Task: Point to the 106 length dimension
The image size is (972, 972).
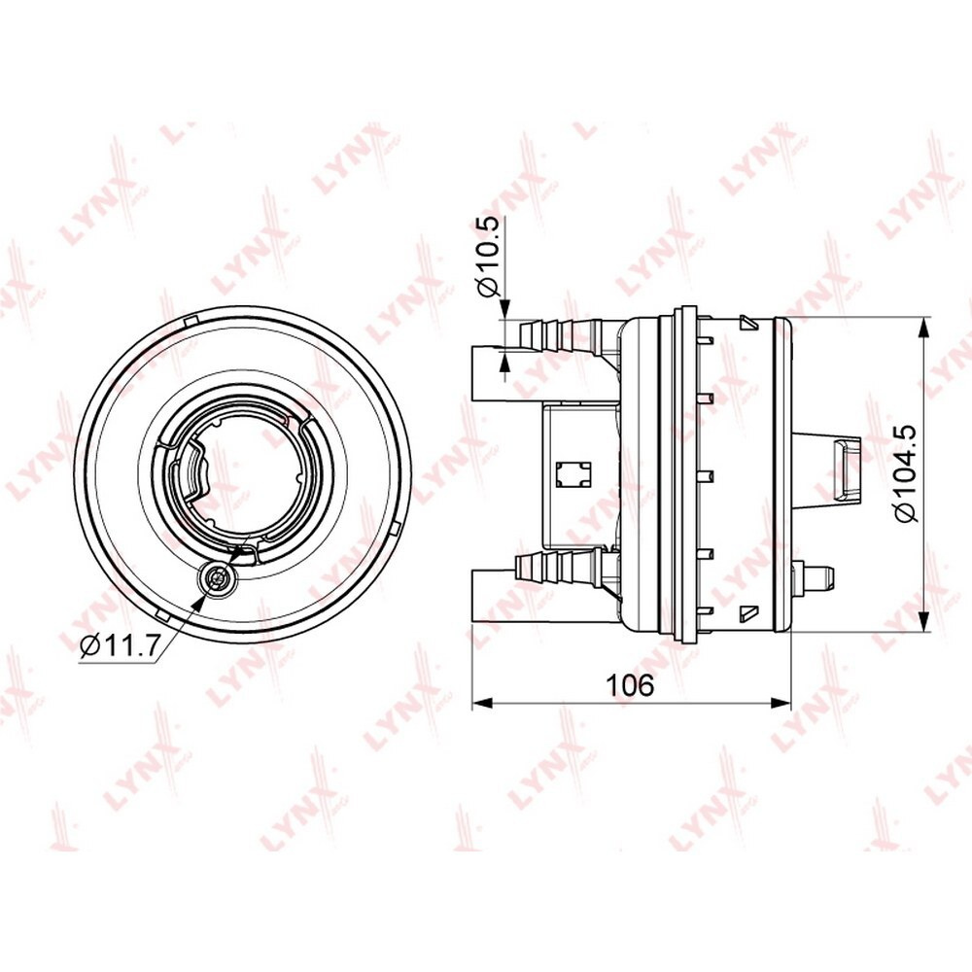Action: click(x=630, y=685)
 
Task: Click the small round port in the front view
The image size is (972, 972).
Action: click(x=217, y=579)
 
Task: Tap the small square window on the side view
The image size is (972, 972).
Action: click(x=573, y=475)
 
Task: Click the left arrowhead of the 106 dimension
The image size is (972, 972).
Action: click(x=482, y=703)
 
